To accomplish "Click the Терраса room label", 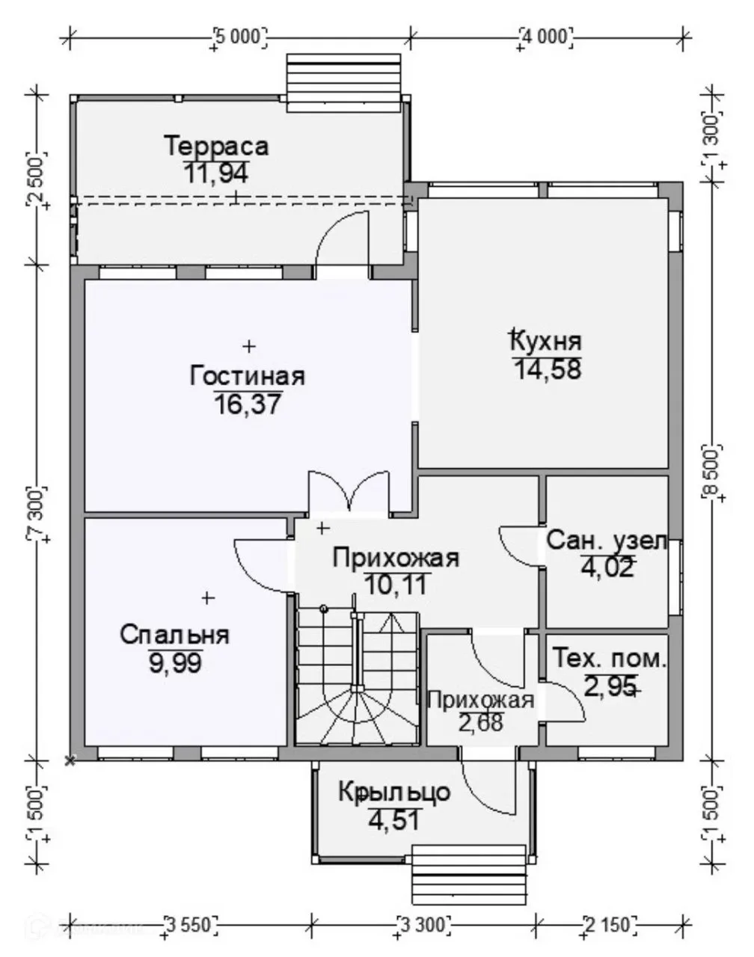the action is [x=217, y=146].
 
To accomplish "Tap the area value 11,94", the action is [x=215, y=173].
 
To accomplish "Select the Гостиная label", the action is [x=248, y=376].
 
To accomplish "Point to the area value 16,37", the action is [x=248, y=404].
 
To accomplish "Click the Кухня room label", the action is [x=547, y=342].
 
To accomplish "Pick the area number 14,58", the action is [x=548, y=369].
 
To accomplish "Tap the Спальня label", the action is [x=174, y=636].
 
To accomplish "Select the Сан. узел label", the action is [x=607, y=541].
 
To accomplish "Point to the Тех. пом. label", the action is [x=610, y=659].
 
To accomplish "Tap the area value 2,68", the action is [x=481, y=722].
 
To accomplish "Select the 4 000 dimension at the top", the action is [x=545, y=37].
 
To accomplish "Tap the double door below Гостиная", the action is [x=349, y=490].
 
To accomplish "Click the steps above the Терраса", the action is [x=343, y=83].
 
